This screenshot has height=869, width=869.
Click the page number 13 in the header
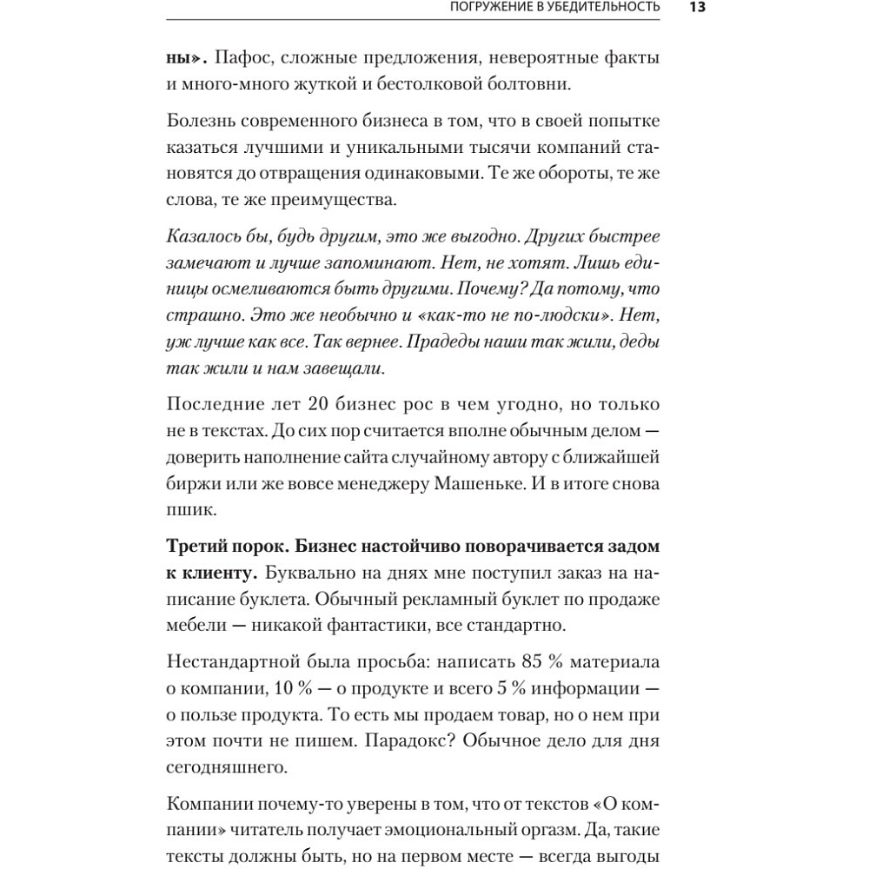pyautogui.click(x=697, y=8)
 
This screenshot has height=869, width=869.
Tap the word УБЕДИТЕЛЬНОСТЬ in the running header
pyautogui.click(x=599, y=8)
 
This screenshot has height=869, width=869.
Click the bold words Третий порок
pyautogui.click(x=224, y=548)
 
